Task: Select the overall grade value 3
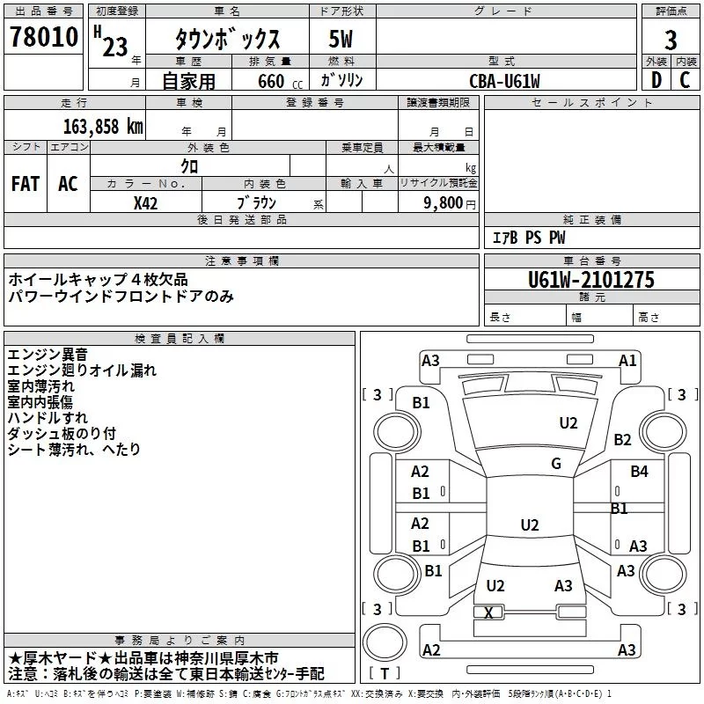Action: (x=671, y=40)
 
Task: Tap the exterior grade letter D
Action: (x=656, y=80)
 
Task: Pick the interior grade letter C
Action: (x=686, y=80)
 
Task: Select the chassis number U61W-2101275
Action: (x=591, y=280)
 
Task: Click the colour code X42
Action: (x=146, y=202)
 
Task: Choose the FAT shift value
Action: (x=26, y=184)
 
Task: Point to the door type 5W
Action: (x=342, y=40)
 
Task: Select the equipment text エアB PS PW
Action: (x=529, y=238)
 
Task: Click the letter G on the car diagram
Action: (x=556, y=464)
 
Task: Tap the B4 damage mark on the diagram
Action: (x=639, y=472)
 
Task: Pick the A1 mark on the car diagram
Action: (x=627, y=360)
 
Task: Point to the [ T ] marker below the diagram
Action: (x=385, y=673)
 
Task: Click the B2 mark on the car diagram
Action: (x=623, y=439)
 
